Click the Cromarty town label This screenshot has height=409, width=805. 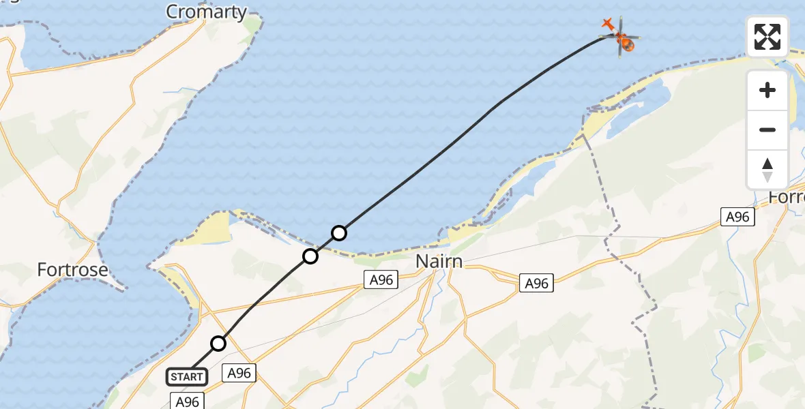[207, 12]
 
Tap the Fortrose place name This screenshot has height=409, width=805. [72, 270]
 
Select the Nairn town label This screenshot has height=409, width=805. [439, 262]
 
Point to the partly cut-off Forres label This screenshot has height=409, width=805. [787, 197]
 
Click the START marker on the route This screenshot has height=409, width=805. [187, 376]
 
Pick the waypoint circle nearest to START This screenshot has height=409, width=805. [218, 344]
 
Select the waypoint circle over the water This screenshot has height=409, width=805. [339, 233]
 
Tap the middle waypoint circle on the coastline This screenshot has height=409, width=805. [310, 256]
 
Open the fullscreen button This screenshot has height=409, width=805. [767, 37]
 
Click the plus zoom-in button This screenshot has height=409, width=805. [767, 90]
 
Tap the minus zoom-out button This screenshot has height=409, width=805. [767, 130]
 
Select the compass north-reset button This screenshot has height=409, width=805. [767, 169]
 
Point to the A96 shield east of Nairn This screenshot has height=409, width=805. [536, 283]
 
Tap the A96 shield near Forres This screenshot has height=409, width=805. [737, 217]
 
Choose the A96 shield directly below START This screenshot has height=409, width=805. [187, 402]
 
